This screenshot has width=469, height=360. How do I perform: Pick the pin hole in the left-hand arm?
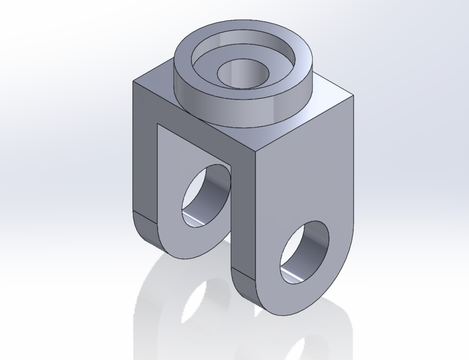206,194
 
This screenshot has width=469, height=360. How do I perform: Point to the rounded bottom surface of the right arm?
248,290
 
